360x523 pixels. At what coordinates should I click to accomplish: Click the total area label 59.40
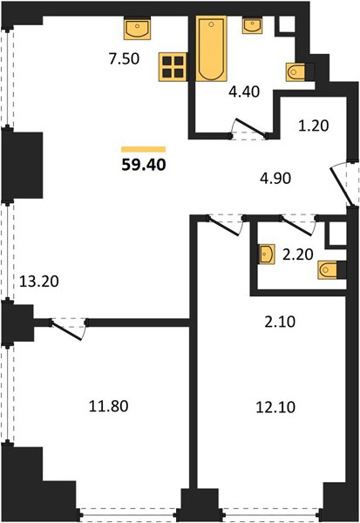tap(144, 165)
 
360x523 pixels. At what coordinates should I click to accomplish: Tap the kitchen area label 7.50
tap(124, 59)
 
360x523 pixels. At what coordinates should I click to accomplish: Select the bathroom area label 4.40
tap(244, 92)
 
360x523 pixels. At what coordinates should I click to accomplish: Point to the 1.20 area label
tap(313, 126)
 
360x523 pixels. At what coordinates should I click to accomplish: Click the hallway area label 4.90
tap(275, 179)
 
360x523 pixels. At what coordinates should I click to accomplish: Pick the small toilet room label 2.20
tap(297, 255)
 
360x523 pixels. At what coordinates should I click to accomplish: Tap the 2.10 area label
tap(280, 323)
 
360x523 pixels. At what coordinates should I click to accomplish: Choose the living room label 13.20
tap(39, 282)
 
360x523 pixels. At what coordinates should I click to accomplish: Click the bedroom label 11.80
tap(108, 406)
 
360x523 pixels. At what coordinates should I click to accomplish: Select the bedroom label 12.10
tap(275, 407)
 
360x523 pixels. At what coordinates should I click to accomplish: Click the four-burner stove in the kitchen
tap(173, 67)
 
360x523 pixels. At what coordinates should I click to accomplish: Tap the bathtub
tap(211, 48)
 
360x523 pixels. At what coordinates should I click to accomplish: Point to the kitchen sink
tap(137, 28)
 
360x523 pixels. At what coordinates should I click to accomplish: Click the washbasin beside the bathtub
tap(252, 25)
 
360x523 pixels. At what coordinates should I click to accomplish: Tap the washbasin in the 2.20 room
tap(267, 255)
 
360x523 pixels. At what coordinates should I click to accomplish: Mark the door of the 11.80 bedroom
tap(68, 329)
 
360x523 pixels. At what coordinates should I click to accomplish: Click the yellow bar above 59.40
tap(144, 149)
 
